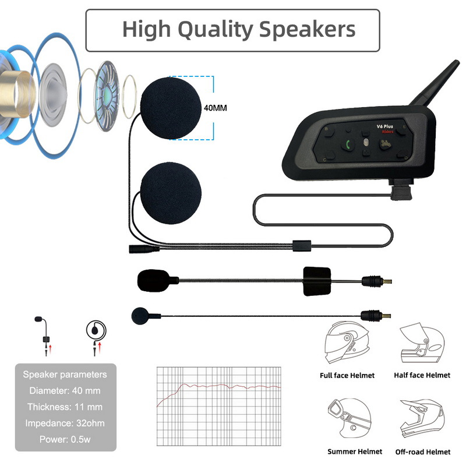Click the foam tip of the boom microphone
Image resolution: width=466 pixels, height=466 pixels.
[x=153, y=280]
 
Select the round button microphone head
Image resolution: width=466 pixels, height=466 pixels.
[x=140, y=315]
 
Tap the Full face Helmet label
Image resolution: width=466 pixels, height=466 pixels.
[x=347, y=376]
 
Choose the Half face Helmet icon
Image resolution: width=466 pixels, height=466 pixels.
[x=422, y=345]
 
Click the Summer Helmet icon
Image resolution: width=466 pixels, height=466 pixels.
[x=347, y=418]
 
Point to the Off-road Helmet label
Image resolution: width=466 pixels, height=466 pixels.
[x=422, y=451]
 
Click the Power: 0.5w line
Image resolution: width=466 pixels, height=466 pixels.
[x=65, y=439]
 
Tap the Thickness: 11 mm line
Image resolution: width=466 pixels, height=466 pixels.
[x=65, y=407]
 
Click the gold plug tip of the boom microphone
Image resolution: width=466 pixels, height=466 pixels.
[x=385, y=281]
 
